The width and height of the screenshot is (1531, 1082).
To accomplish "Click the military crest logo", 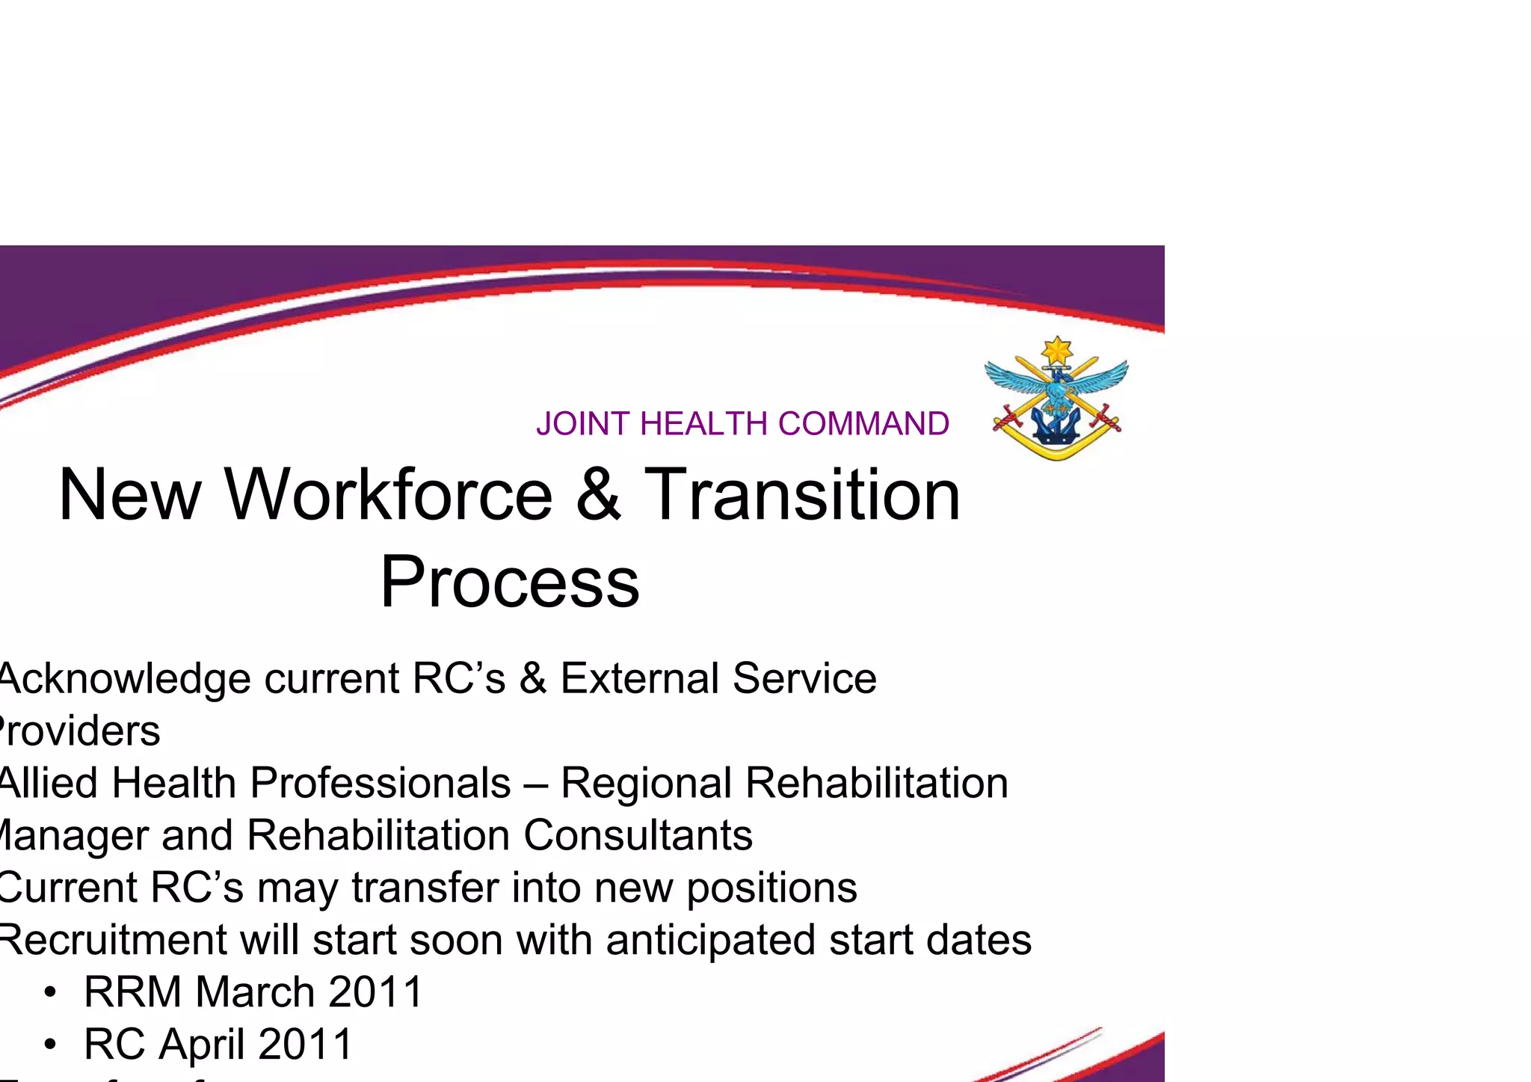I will (1056, 399).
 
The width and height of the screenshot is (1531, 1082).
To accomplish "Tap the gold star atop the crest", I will (1057, 350).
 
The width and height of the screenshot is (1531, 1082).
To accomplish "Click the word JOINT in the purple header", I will (584, 424).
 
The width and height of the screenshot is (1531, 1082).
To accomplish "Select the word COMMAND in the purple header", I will (863, 424).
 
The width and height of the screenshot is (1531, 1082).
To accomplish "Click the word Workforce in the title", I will (389, 495).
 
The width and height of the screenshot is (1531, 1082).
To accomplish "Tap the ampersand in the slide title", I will (598, 495).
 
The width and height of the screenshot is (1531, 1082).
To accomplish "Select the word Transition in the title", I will (802, 495).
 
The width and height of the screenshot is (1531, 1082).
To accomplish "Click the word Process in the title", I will (510, 583).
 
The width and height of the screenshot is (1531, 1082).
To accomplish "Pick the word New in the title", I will (129, 495).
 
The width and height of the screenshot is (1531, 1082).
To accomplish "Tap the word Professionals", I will (381, 783).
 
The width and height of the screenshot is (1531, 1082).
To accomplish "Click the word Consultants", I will (638, 835).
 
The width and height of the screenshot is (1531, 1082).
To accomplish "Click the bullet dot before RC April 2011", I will (50, 1045).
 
